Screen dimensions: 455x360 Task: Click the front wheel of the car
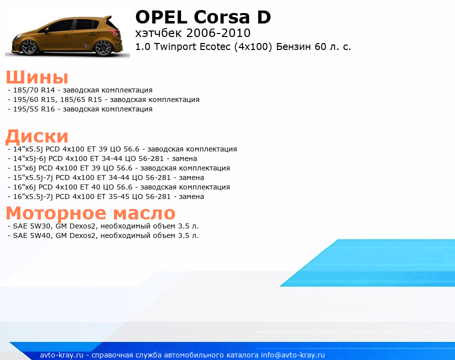(28, 47)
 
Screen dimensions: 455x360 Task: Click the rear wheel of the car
(103, 47)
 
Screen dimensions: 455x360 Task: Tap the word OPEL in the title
(161, 17)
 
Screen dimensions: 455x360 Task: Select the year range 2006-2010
(218, 33)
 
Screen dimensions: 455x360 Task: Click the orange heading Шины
(37, 77)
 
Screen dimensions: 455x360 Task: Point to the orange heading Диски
(37, 136)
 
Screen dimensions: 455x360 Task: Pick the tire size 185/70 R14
(34, 90)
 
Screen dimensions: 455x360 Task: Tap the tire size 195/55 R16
(34, 109)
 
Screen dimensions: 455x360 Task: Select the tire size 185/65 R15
(81, 99)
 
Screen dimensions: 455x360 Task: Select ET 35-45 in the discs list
(113, 196)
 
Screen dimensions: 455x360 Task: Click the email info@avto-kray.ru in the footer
(293, 355)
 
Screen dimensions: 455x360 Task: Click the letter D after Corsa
(264, 17)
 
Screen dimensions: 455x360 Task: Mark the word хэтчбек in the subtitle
(158, 33)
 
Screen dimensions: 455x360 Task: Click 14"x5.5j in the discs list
(28, 149)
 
